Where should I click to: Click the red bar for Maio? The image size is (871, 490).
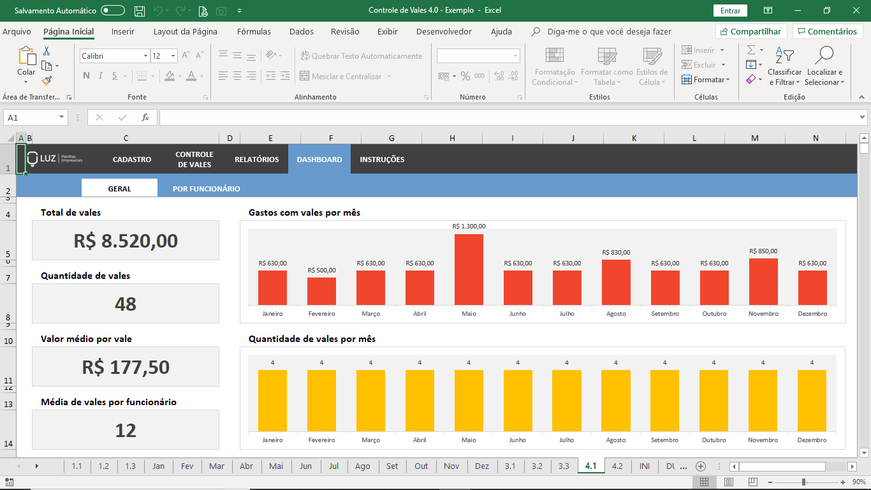pyautogui.click(x=469, y=269)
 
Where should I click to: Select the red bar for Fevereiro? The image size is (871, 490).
pyautogui.click(x=321, y=291)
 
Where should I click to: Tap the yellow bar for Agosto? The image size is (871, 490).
pyautogui.click(x=615, y=401)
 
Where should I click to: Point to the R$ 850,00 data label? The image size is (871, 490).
pyautogui.click(x=763, y=251)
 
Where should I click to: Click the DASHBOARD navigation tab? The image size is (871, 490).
pyautogui.click(x=319, y=159)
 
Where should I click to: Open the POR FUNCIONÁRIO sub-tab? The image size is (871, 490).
pyautogui.click(x=206, y=189)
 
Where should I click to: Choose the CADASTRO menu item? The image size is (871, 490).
pyautogui.click(x=132, y=159)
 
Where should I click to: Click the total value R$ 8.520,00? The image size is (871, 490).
pyautogui.click(x=126, y=241)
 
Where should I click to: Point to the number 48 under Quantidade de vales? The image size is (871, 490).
pyautogui.click(x=126, y=304)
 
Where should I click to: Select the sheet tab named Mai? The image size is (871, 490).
pyautogui.click(x=276, y=466)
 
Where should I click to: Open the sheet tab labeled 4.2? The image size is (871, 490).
pyautogui.click(x=617, y=466)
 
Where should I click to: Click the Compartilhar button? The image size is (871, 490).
pyautogui.click(x=751, y=31)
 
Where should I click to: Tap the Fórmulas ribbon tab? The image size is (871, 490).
pyautogui.click(x=254, y=31)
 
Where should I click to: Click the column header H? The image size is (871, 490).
pyautogui.click(x=452, y=138)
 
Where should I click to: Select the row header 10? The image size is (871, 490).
pyautogui.click(x=8, y=341)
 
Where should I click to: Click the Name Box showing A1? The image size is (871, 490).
pyautogui.click(x=35, y=117)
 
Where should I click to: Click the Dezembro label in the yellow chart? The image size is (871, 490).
pyautogui.click(x=812, y=440)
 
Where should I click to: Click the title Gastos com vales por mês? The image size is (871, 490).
pyautogui.click(x=304, y=213)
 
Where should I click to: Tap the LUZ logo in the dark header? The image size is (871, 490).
pyautogui.click(x=54, y=159)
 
